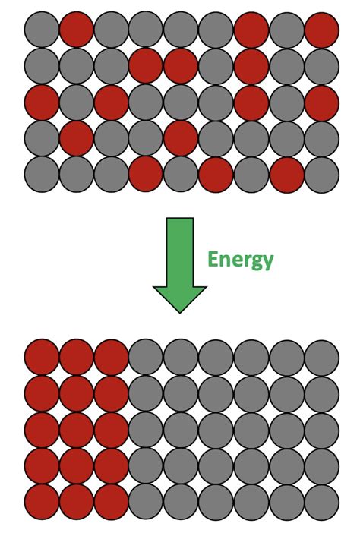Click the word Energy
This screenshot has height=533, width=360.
(x=240, y=260)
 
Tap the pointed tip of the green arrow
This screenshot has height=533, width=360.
(x=180, y=310)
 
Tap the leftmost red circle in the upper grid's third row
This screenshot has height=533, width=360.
(x=41, y=102)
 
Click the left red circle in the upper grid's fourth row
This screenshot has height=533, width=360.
(x=76, y=137)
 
